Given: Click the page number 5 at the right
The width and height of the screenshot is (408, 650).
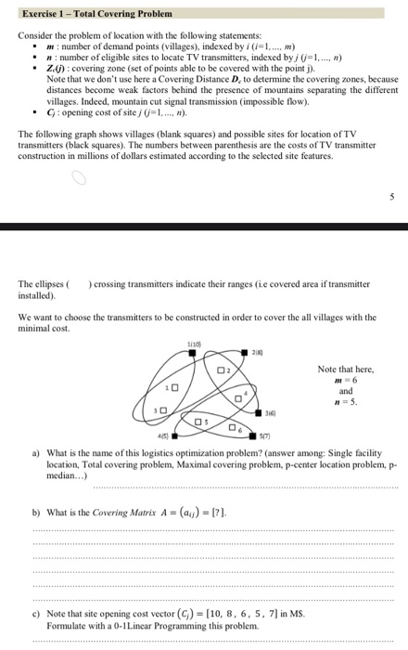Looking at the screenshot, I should (x=390, y=196).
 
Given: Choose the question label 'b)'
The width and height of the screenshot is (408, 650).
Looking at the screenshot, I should (x=36, y=511).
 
